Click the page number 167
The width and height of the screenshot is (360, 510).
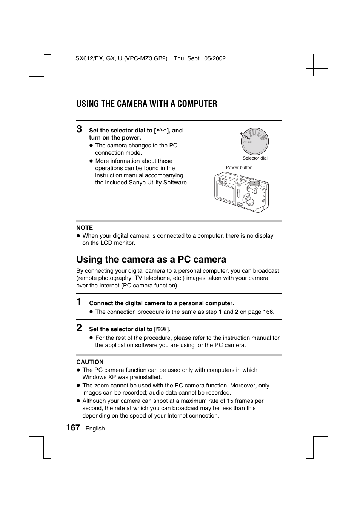73,427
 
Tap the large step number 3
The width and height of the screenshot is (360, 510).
79,129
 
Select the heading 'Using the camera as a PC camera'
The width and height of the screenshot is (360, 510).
151,260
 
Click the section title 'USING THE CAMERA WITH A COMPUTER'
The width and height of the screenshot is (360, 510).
147,104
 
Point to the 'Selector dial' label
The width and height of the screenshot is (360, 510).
255,158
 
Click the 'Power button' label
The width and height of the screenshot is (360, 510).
239,167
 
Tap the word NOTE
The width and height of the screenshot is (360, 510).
85,228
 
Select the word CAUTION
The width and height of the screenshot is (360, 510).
90,362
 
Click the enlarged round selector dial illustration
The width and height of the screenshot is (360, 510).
255,141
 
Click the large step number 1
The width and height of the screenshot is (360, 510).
79,302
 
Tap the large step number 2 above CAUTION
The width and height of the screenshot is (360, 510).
79,328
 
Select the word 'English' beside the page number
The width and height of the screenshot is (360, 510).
95,429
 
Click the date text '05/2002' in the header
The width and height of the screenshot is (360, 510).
215,58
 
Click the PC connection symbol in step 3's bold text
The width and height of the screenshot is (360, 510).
161,130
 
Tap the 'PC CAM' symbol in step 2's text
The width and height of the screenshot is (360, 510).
161,329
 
